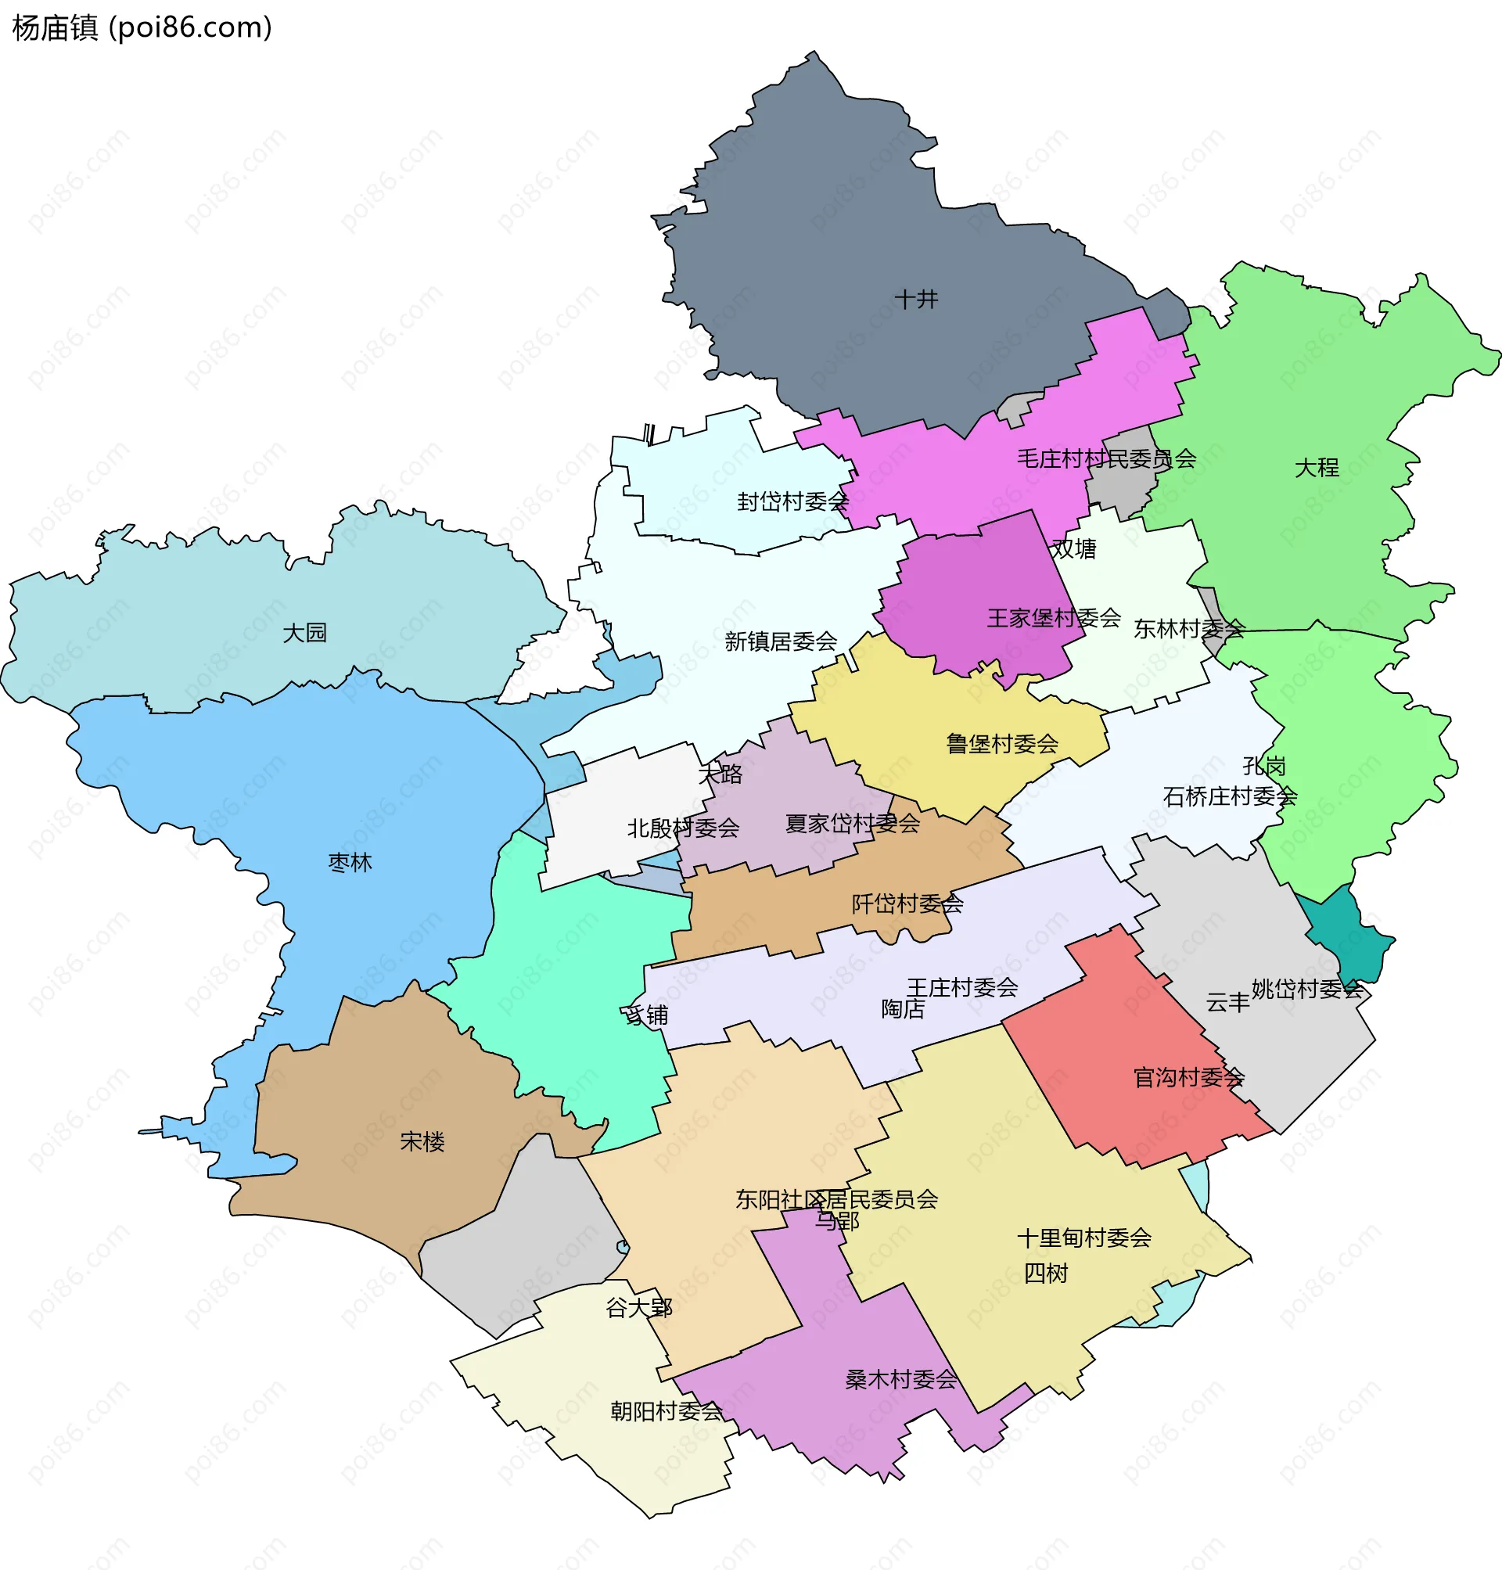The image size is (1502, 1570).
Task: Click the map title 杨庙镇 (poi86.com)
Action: coord(142,28)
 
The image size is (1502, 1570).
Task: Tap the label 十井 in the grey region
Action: coord(916,300)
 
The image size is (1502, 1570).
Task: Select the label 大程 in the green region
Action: coord(1317,468)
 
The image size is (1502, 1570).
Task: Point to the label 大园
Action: coord(305,634)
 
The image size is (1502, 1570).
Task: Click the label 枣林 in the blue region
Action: coord(350,863)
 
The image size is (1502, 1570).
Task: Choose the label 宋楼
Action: coord(422,1141)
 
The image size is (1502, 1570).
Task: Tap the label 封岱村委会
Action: coord(792,502)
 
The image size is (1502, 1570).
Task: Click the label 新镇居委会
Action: coord(781,641)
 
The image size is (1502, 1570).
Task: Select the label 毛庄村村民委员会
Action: coord(1105,458)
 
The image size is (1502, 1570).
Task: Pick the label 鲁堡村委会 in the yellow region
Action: coord(1001,744)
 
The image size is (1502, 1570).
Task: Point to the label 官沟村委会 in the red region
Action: coord(1188,1078)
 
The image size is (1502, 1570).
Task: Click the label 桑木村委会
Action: coord(900,1379)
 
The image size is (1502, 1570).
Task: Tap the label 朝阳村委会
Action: coord(667,1411)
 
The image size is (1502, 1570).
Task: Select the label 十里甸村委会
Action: coord(1083,1238)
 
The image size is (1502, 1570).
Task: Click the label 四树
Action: coord(1046,1274)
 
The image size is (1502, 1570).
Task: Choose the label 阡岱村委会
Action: coord(907,904)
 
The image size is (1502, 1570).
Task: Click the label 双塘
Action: coord(1073,549)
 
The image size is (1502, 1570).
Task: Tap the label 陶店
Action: coord(902,1010)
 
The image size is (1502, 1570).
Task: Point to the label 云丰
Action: coord(1227,1003)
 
